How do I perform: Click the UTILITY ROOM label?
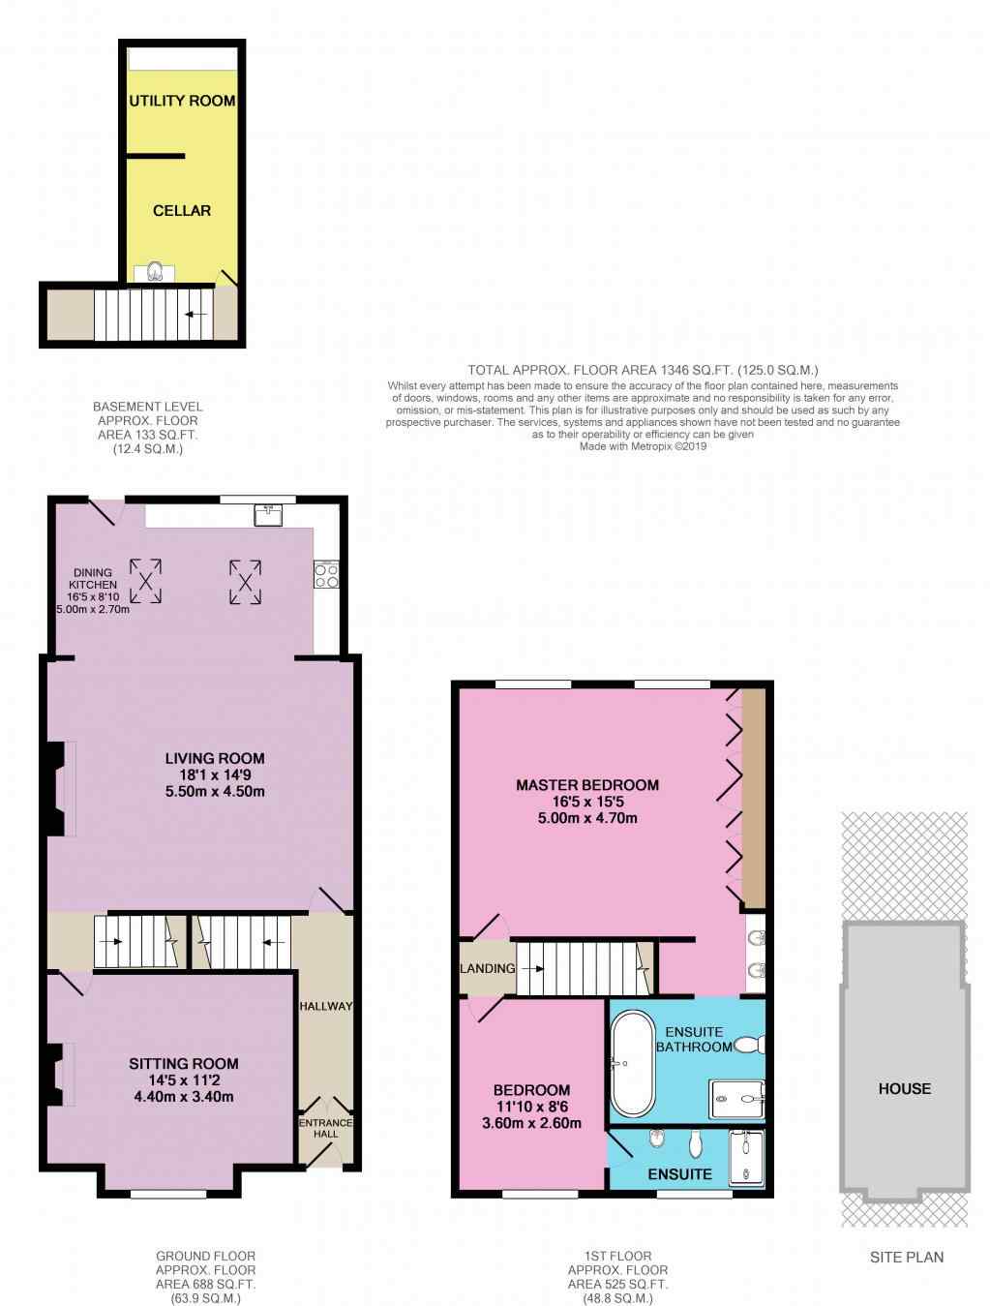(x=182, y=101)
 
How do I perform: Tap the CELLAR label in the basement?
(x=182, y=211)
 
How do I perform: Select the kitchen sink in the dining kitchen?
(x=268, y=515)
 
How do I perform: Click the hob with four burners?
(x=326, y=574)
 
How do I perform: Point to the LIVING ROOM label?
(x=215, y=759)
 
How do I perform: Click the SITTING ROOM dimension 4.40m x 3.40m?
(x=183, y=1097)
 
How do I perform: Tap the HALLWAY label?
(x=326, y=1006)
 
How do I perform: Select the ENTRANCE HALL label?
(x=326, y=1128)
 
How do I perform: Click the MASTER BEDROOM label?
(x=587, y=785)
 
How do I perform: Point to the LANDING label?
(x=488, y=969)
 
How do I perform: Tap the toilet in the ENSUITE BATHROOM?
(x=749, y=1045)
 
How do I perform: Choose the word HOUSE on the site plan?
(x=905, y=1089)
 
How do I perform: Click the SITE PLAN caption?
(x=906, y=1258)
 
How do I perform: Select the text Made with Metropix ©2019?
(x=643, y=446)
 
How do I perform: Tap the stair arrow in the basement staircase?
(x=196, y=314)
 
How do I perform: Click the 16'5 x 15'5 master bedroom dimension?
(x=587, y=802)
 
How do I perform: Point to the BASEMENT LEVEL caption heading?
(x=148, y=407)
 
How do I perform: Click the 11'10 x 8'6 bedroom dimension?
(x=531, y=1107)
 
